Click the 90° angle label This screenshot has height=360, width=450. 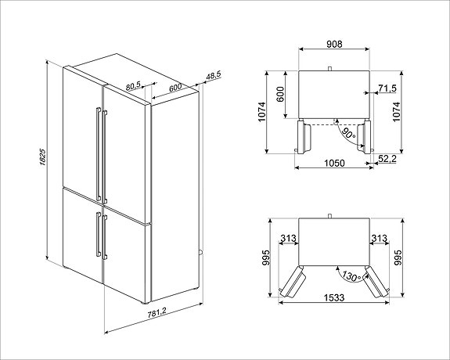coord(348,134)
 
